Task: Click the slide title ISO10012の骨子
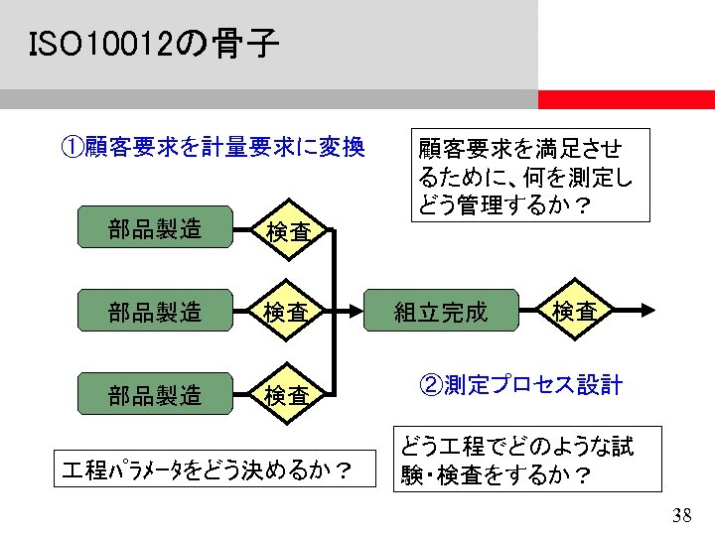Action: click(154, 45)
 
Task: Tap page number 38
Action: click(681, 514)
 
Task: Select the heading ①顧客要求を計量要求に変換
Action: click(213, 148)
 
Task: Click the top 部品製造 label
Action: click(155, 229)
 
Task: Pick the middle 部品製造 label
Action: click(155, 312)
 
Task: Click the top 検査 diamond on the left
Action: click(286, 231)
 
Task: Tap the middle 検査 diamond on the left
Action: click(286, 312)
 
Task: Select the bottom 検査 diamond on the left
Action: click(286, 395)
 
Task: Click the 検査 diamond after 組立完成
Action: click(574, 311)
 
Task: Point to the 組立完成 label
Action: click(441, 313)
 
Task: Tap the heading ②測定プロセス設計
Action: click(521, 385)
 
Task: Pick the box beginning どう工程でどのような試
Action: click(527, 460)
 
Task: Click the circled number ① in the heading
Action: click(71, 148)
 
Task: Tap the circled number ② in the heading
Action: click(431, 385)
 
